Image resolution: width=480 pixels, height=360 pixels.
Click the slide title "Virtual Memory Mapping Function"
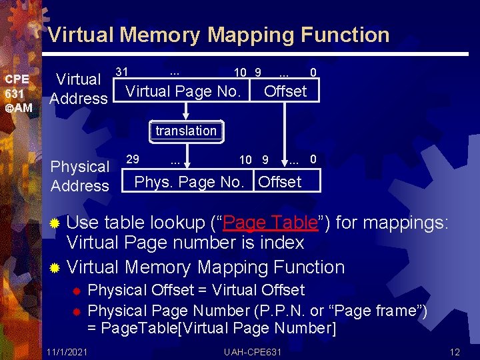[x=219, y=35]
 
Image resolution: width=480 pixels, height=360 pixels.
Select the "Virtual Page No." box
[x=183, y=91]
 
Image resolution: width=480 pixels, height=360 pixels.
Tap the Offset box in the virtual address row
[x=285, y=91]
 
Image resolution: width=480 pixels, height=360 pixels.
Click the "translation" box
[x=186, y=131]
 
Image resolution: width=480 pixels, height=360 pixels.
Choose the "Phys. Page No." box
[x=189, y=182]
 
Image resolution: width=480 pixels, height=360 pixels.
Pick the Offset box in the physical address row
[x=280, y=182]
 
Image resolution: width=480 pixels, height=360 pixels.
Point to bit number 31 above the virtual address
[x=121, y=71]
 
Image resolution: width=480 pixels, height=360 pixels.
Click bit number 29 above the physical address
[x=133, y=159]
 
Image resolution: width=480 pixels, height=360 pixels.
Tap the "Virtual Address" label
[x=79, y=89]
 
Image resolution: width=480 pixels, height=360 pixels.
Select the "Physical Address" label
[x=80, y=176]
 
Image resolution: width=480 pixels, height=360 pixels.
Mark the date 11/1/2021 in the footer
[x=67, y=351]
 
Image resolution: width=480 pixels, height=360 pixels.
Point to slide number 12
[x=455, y=351]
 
